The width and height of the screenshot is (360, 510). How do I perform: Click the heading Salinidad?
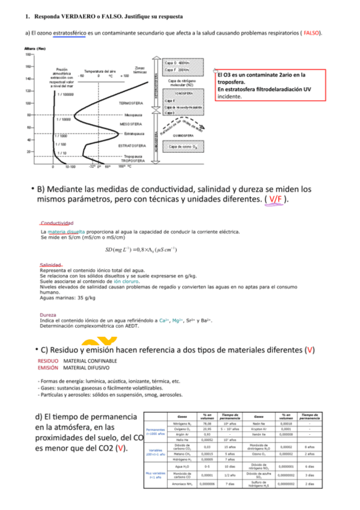pos(52,264)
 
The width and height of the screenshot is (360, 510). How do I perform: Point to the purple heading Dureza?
pos(48,315)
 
